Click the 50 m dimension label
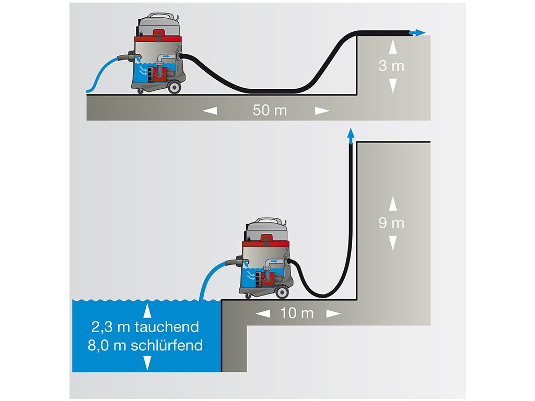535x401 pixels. (270, 111)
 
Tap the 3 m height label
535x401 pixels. (391, 67)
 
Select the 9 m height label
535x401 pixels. (391, 223)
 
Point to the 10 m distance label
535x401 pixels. (297, 313)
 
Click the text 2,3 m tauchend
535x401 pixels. (145, 327)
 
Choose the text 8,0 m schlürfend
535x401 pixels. (147, 345)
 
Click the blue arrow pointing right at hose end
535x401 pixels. (417, 33)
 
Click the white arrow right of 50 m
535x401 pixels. (322, 111)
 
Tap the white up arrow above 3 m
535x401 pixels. (391, 48)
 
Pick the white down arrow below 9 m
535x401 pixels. (391, 242)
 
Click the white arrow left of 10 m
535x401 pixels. (263, 313)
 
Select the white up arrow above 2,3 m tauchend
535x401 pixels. (147, 311)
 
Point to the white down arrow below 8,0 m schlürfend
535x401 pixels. (147, 362)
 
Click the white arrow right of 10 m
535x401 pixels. (333, 313)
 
